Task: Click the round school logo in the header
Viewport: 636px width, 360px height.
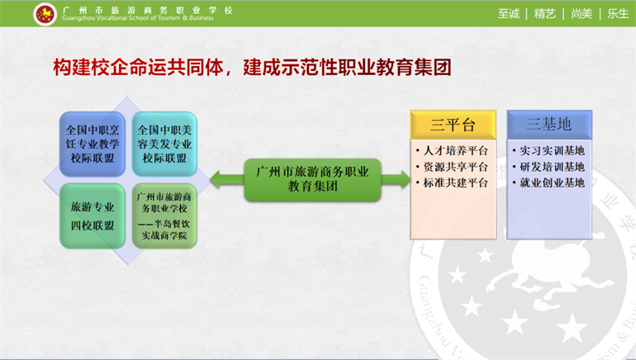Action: tap(45, 14)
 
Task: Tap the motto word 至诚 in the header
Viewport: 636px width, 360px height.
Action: tap(509, 14)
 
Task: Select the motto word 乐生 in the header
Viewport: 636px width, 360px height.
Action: tap(618, 14)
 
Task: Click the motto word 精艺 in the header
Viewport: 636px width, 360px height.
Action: tap(545, 14)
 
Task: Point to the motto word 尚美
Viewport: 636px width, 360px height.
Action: tap(581, 14)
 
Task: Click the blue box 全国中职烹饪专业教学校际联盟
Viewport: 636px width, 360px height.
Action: tap(93, 144)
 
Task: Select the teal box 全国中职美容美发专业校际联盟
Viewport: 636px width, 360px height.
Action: tap(164, 144)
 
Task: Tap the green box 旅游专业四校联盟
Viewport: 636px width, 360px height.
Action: tap(93, 216)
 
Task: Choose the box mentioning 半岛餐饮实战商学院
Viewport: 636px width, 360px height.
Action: tap(164, 216)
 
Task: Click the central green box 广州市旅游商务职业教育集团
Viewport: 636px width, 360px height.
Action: tap(313, 180)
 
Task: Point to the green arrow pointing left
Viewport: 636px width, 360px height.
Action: tap(227, 179)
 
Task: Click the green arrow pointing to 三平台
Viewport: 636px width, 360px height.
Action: tap(396, 179)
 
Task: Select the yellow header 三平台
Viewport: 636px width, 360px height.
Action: tap(453, 125)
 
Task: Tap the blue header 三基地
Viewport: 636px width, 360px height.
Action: tap(549, 125)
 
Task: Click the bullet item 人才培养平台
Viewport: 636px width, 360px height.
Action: tap(452, 151)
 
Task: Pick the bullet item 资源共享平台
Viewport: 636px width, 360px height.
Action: tap(452, 167)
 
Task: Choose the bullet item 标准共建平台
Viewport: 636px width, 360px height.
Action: tap(452, 182)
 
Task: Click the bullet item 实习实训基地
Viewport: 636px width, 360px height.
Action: tap(548, 151)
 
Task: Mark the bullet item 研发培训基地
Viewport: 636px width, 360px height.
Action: tap(548, 167)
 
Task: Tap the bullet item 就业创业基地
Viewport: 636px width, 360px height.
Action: tap(548, 182)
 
